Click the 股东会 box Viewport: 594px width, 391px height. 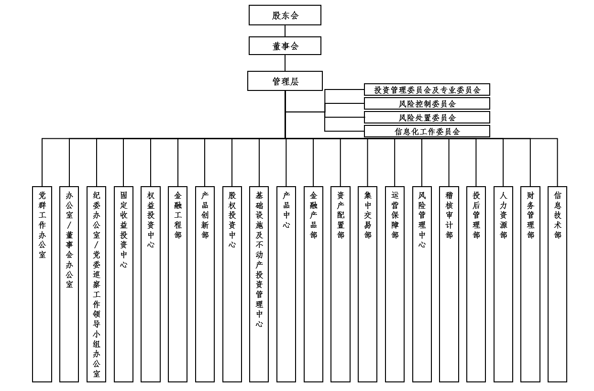pos(285,15)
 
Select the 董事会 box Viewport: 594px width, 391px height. pos(285,45)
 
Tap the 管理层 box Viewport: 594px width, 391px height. pos(285,81)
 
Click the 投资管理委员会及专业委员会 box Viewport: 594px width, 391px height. pos(427,89)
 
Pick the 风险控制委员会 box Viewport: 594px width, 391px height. pos(427,103)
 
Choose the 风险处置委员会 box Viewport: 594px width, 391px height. pos(427,117)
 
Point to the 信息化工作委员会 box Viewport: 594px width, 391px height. pos(427,131)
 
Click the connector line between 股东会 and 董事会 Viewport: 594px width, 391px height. pos(285,31)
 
